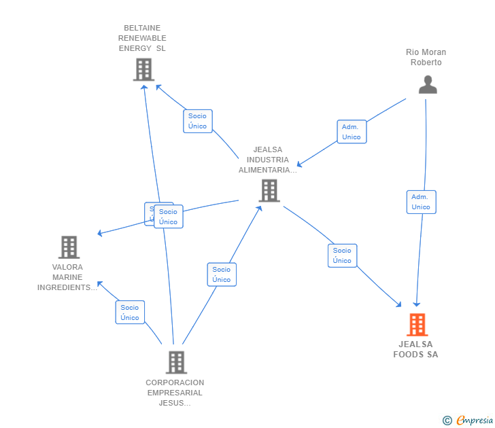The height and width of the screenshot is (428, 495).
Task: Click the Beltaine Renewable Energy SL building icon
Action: pyautogui.click(x=143, y=69)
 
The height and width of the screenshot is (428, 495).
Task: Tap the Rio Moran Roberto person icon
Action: pyautogui.click(x=428, y=84)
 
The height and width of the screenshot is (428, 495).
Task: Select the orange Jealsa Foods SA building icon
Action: pyautogui.click(x=417, y=325)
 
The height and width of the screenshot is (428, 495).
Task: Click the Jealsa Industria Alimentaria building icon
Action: pyautogui.click(x=269, y=190)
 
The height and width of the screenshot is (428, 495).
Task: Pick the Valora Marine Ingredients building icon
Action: pyautogui.click(x=69, y=247)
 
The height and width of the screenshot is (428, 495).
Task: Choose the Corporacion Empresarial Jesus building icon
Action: pyautogui.click(x=175, y=362)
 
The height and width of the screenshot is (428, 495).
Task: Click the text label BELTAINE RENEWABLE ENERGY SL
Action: pyautogui.click(x=142, y=38)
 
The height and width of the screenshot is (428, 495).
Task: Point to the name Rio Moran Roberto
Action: pyautogui.click(x=426, y=57)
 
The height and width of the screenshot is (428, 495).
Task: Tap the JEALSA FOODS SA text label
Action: pyautogui.click(x=416, y=349)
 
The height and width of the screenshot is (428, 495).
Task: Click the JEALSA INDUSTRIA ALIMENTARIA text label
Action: pyautogui.click(x=267, y=160)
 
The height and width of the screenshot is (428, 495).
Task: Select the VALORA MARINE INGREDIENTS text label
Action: pyautogui.click(x=67, y=277)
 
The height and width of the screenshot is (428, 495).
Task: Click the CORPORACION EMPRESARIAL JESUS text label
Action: pyautogui.click(x=175, y=393)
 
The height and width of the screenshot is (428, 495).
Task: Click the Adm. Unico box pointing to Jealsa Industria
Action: pyautogui.click(x=352, y=132)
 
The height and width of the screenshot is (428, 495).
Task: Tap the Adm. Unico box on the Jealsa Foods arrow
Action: pyautogui.click(x=421, y=202)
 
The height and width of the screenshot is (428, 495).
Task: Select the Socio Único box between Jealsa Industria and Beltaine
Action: pyautogui.click(x=198, y=121)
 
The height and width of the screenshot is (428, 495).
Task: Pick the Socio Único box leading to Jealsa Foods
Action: pyautogui.click(x=342, y=255)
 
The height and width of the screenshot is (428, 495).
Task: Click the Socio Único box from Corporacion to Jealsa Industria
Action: pyautogui.click(x=222, y=274)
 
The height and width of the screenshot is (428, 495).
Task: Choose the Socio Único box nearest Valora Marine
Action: pyautogui.click(x=130, y=313)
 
